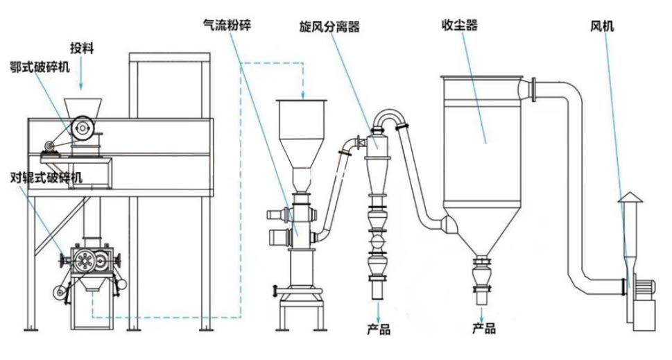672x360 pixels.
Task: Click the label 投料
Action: pyautogui.click(x=82, y=48)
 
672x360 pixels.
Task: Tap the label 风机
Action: pyautogui.click(x=601, y=27)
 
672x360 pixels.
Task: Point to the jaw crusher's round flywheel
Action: pyautogui.click(x=84, y=127)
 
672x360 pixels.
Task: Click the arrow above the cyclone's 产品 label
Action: pyautogui.click(x=379, y=308)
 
